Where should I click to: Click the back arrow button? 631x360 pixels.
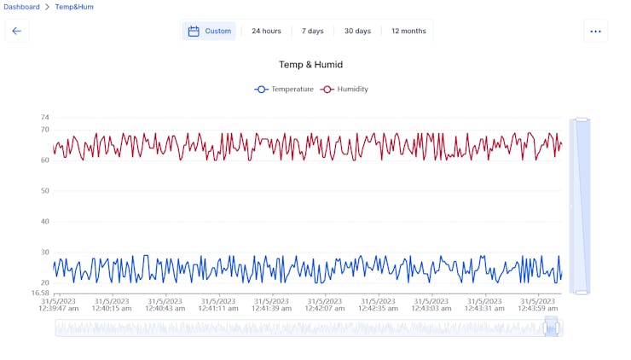point(16,32)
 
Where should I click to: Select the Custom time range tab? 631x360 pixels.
point(209,32)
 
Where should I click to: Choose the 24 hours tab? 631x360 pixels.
point(266,32)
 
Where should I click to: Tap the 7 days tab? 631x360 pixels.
point(312,32)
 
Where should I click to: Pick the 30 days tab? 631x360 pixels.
point(357,32)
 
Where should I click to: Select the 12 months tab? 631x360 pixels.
point(408,32)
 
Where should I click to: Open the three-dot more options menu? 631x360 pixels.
point(595,32)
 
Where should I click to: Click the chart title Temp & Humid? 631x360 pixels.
point(310,65)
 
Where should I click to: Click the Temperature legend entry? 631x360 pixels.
point(285,89)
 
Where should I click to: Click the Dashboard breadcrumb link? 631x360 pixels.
point(22,7)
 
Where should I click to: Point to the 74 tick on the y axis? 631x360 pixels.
point(45,118)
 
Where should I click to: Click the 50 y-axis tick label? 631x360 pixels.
point(45,191)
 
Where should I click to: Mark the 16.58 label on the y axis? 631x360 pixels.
point(41,293)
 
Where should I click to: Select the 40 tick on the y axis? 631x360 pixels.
point(45,222)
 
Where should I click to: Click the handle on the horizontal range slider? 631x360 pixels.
point(551,328)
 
